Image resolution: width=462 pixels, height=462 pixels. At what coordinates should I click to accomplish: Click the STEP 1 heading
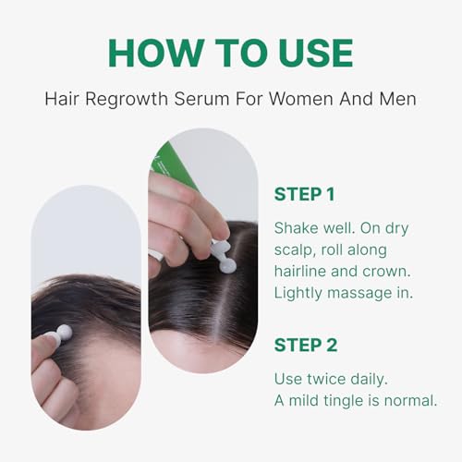click(x=305, y=194)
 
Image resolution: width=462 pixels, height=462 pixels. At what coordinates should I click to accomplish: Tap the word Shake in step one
click(x=296, y=226)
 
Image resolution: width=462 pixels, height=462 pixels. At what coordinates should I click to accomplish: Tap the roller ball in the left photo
click(x=64, y=333)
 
